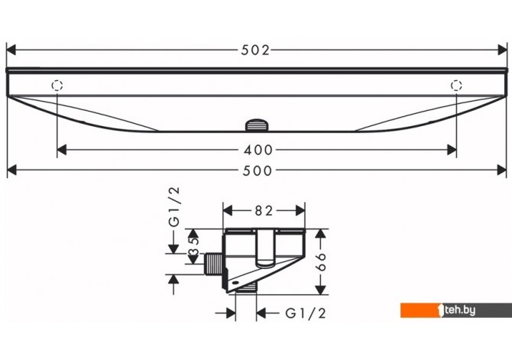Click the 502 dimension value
[x=255, y=50]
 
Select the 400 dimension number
[x=258, y=150]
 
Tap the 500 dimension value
[x=258, y=170]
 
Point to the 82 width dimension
[x=264, y=211]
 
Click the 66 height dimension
[x=321, y=261]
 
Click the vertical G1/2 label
[x=174, y=207]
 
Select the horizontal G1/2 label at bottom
[x=306, y=313]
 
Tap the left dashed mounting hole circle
[x=57, y=86]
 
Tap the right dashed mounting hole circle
[x=456, y=86]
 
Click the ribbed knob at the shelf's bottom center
[x=257, y=125]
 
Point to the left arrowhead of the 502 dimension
[x=11, y=50]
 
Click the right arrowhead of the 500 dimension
[x=502, y=170]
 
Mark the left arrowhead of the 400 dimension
[x=62, y=150]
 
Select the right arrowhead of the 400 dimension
[x=452, y=150]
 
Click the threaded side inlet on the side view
[x=213, y=264]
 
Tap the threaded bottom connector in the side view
[x=246, y=287]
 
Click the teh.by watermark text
[x=460, y=310]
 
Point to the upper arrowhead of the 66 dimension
[x=321, y=234]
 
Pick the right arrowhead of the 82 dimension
[x=300, y=211]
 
